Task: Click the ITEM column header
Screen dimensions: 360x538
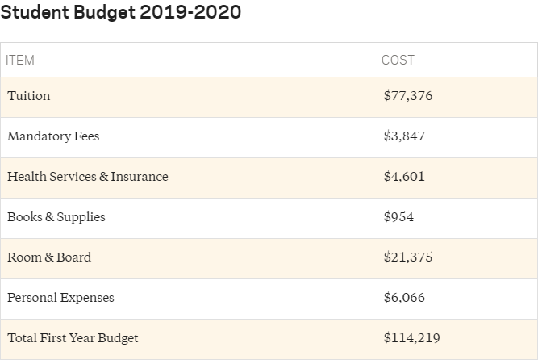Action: pyautogui.click(x=20, y=61)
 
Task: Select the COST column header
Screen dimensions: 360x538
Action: pyautogui.click(x=398, y=61)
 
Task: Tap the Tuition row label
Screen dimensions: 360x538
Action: pyautogui.click(x=29, y=96)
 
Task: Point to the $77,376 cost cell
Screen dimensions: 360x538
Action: pyautogui.click(x=408, y=96)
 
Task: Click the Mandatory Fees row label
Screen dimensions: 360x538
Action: pyautogui.click(x=53, y=136)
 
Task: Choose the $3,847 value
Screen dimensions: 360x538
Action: pyautogui.click(x=404, y=136)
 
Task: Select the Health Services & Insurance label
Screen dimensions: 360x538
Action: pyautogui.click(x=88, y=177)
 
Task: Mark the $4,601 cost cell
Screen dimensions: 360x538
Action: pyautogui.click(x=404, y=177)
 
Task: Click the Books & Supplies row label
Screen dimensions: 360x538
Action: pyautogui.click(x=56, y=217)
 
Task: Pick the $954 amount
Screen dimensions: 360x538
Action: pyautogui.click(x=400, y=217)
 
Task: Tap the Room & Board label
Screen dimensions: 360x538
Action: pyautogui.click(x=49, y=257)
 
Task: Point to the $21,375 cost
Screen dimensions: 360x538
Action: pyautogui.click(x=408, y=257)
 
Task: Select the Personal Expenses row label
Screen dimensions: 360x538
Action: pyautogui.click(x=60, y=298)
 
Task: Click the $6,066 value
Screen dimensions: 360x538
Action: pyautogui.click(x=404, y=298)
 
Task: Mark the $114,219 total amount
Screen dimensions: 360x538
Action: pyautogui.click(x=412, y=338)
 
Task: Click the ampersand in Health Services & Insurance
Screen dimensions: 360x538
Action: pyautogui.click(x=103, y=177)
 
